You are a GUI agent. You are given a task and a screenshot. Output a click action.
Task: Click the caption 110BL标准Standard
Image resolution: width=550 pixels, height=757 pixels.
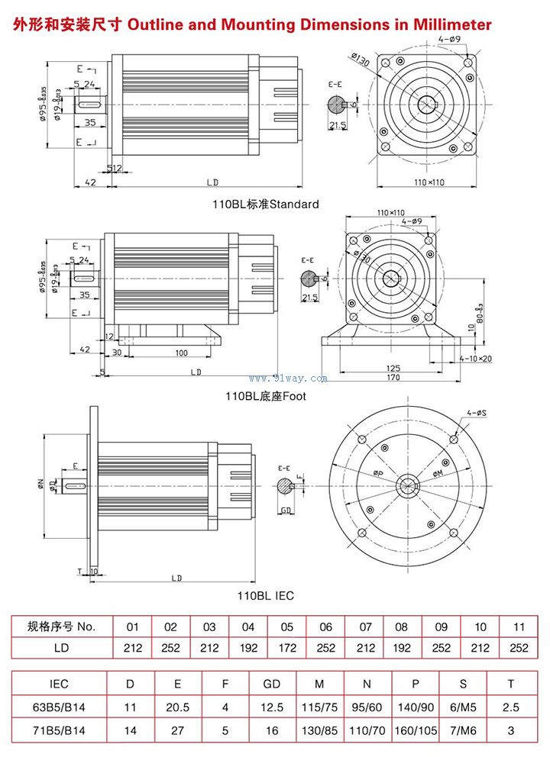[x=265, y=204]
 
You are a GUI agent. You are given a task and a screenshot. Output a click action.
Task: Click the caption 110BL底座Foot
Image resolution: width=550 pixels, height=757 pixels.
[x=265, y=396]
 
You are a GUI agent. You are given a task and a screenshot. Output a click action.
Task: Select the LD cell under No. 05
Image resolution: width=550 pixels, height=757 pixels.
[x=286, y=649]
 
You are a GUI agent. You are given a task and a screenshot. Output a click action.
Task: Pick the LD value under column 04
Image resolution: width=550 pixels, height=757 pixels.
[x=247, y=649]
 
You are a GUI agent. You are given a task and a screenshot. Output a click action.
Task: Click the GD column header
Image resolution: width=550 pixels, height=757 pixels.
[x=271, y=685]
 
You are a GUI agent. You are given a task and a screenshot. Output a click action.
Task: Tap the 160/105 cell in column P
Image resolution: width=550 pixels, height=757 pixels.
[x=416, y=730]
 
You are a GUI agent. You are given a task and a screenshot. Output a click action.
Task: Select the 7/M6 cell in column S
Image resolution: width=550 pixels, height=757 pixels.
[x=464, y=730]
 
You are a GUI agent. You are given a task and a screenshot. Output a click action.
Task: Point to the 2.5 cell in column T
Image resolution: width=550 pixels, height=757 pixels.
[x=510, y=707]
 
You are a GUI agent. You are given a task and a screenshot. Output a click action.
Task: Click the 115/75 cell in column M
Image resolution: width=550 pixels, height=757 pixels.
[x=319, y=707]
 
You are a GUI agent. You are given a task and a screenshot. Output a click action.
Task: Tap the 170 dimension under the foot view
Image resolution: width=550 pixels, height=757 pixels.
[x=393, y=376]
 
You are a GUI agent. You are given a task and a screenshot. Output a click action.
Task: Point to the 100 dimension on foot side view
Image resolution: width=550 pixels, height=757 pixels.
[x=181, y=353]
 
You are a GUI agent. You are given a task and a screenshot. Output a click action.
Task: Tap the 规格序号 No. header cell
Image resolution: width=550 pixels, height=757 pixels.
[x=61, y=627]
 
